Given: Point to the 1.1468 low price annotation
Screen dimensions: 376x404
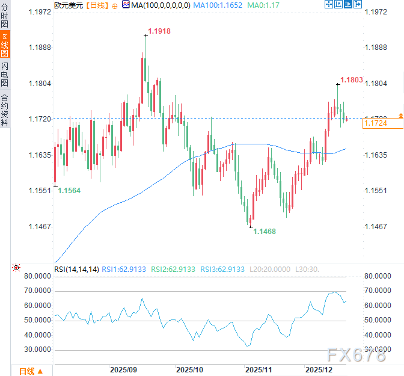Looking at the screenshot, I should point(265,231).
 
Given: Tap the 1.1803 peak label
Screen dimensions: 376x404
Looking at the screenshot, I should point(352,79).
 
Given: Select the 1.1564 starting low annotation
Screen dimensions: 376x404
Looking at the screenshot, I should point(69,190).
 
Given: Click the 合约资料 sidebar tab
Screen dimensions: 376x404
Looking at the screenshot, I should point(5,109).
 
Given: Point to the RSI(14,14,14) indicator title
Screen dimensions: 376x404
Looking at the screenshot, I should point(76,269).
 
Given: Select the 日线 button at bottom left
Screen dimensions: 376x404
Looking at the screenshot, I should point(28,371).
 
